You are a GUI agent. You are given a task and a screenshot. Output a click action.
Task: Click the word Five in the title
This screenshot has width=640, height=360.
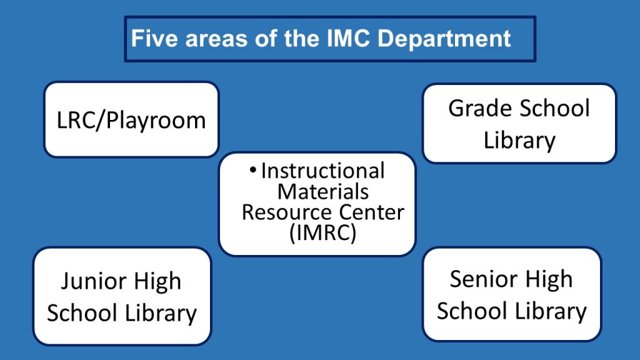point(155,38)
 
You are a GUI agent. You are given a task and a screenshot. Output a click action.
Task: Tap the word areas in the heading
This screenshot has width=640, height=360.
point(216,39)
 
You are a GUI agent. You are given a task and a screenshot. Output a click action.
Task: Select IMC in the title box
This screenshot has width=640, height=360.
point(348,38)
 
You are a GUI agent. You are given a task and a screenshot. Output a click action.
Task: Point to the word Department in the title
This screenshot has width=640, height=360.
point(444,39)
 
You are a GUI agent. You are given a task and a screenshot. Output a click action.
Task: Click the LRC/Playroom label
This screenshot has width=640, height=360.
point(131,121)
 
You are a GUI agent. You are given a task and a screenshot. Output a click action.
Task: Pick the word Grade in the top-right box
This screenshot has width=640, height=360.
point(480,108)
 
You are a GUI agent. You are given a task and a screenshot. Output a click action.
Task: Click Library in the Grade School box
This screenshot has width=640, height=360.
point(519,141)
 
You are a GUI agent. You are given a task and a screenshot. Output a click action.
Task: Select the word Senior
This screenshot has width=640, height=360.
point(484,279)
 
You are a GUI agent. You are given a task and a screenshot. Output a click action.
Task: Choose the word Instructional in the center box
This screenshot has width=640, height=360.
point(323,171)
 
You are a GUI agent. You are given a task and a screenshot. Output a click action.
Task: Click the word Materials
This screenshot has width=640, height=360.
point(323,191)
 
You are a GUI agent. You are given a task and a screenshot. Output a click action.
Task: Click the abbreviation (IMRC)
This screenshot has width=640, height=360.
point(323,234)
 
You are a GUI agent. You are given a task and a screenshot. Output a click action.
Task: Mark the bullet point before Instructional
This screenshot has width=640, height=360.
point(253,170)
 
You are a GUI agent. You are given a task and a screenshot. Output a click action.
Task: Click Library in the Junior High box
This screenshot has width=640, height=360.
point(161,314)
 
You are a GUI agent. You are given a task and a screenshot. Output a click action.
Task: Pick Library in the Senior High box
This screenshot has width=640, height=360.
point(551,311)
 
